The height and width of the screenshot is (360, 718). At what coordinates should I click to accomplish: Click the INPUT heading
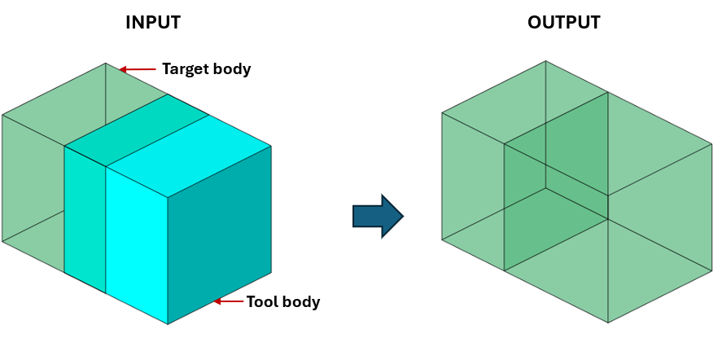click(152, 23)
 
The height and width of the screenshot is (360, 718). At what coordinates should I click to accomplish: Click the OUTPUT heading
click(564, 23)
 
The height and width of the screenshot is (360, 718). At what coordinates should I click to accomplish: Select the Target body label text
click(206, 69)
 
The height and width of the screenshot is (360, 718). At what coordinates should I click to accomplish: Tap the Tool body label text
click(283, 302)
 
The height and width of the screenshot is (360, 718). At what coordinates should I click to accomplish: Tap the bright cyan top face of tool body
click(189, 155)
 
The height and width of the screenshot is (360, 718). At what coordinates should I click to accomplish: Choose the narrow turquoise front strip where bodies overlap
click(85, 216)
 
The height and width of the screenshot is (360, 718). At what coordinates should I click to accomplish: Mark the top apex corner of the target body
click(105, 64)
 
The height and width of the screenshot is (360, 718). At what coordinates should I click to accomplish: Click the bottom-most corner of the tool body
click(168, 324)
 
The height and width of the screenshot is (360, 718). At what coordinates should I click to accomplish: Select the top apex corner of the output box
click(545, 62)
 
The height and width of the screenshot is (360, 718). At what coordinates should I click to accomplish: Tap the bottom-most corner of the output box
click(608, 323)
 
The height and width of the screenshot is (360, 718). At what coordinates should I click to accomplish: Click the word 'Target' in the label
click(186, 69)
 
